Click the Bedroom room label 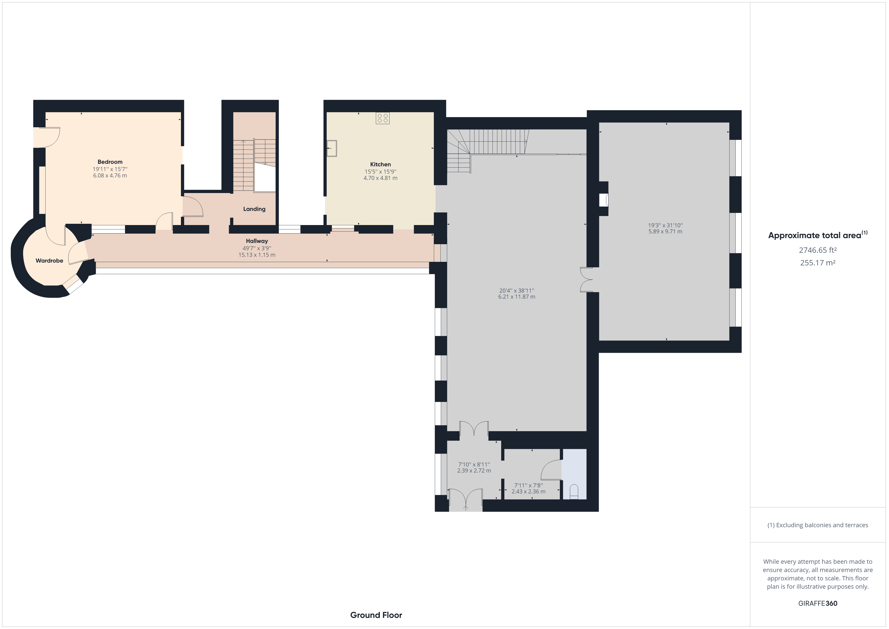click(x=110, y=162)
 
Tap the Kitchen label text click(x=380, y=164)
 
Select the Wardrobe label click(x=49, y=261)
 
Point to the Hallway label click(x=257, y=241)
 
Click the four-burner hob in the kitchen click(x=383, y=118)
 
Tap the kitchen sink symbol click(x=332, y=148)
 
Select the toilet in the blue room click(x=574, y=492)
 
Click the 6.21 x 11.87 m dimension click(x=517, y=297)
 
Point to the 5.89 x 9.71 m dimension click(x=665, y=232)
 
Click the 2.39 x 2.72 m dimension click(x=474, y=470)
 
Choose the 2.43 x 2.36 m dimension click(x=528, y=491)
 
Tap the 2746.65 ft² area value click(x=817, y=250)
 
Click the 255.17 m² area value click(x=817, y=263)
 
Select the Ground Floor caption click(x=376, y=615)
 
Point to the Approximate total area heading click(x=818, y=235)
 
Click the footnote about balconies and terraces click(x=818, y=525)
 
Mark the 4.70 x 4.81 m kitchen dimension click(x=380, y=178)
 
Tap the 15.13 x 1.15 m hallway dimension click(x=257, y=255)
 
